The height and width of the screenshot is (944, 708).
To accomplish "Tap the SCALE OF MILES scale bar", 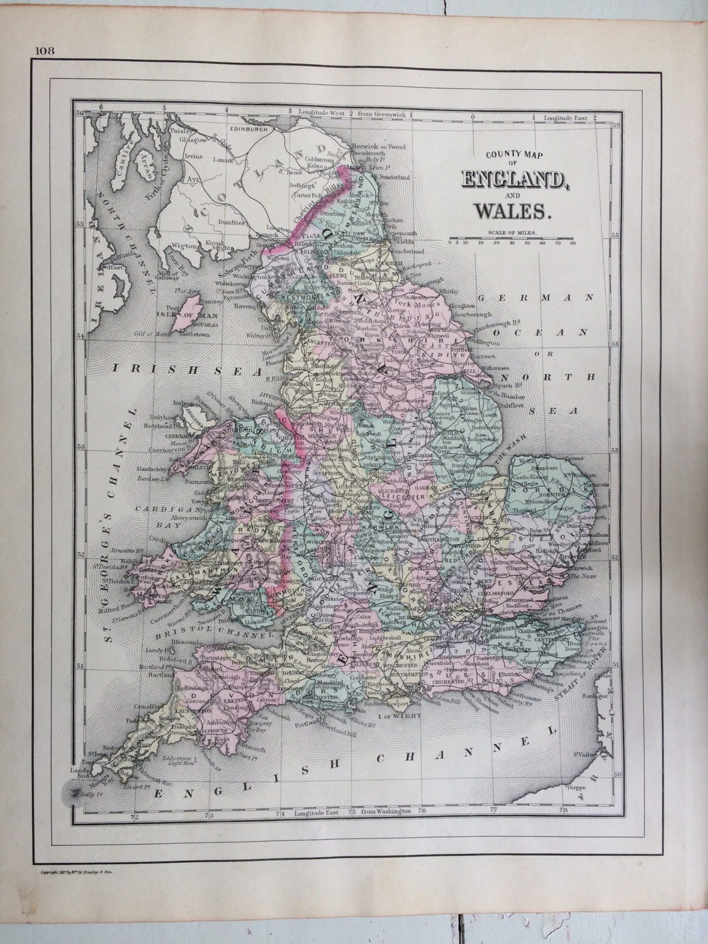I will [510, 239].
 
